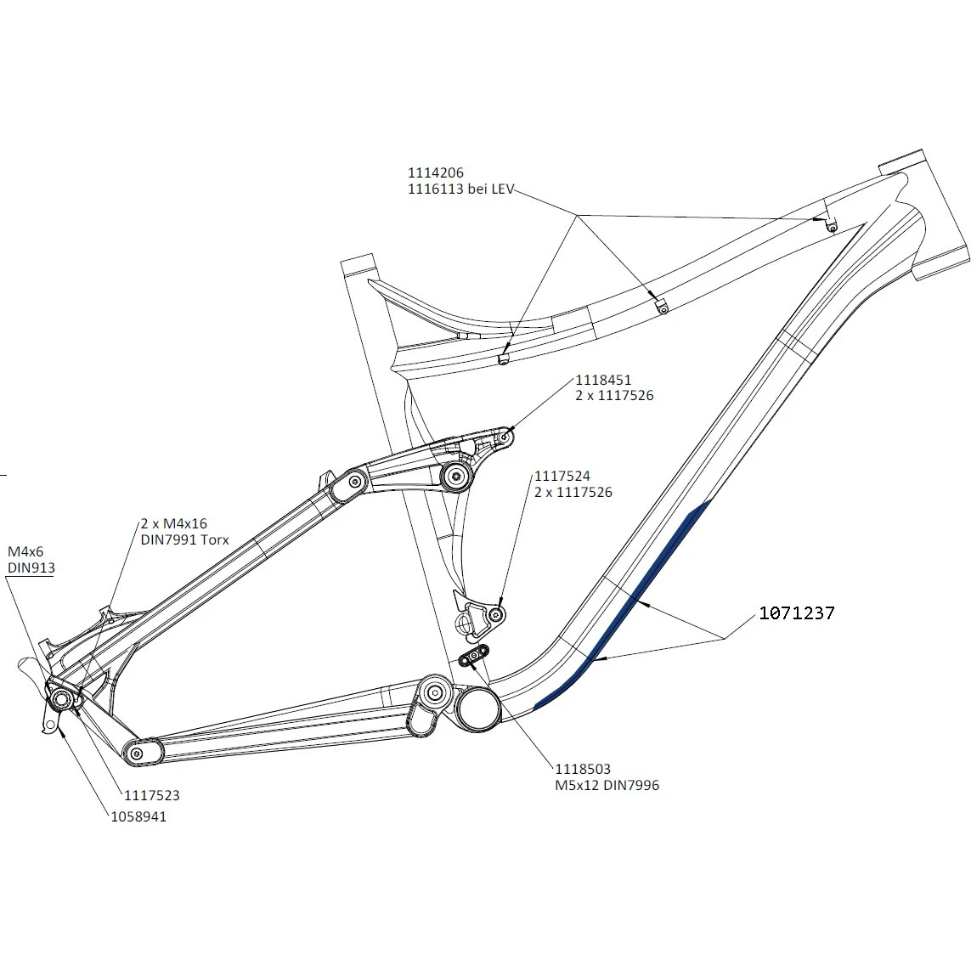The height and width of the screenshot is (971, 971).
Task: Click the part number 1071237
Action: (796, 613)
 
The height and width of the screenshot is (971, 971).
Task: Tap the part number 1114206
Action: (436, 173)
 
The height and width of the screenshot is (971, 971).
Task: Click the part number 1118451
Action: (603, 380)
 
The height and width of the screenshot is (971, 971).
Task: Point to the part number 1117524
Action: (562, 477)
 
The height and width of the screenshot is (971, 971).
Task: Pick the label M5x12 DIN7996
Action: (607, 785)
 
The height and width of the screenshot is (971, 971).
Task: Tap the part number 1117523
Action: (152, 796)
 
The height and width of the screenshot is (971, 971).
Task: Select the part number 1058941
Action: (138, 816)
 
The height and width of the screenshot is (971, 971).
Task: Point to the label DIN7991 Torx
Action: (184, 540)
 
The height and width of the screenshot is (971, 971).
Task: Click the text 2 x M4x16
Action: (173, 524)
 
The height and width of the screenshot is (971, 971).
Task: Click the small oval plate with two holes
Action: (474, 655)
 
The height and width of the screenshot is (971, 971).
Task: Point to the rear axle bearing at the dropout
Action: (62, 698)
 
